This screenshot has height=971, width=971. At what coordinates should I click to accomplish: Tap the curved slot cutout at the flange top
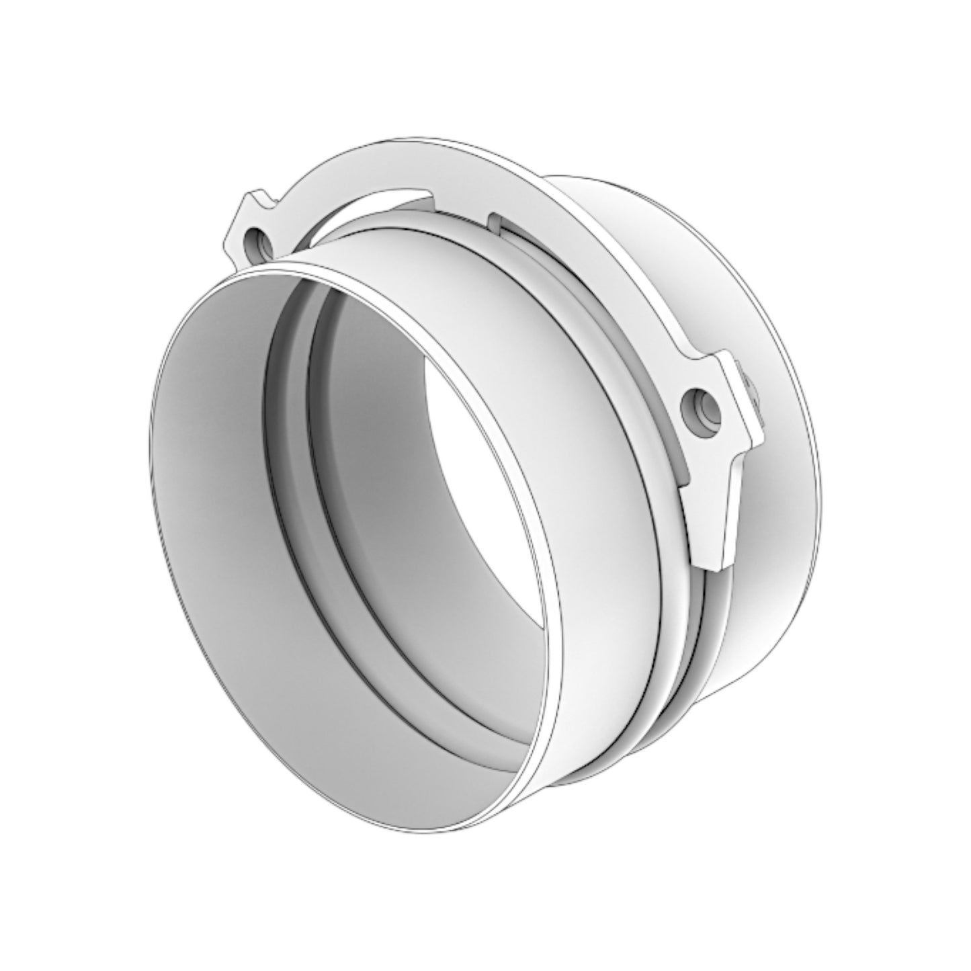(376, 208)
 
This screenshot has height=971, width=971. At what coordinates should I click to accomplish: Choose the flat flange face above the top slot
(403, 168)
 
